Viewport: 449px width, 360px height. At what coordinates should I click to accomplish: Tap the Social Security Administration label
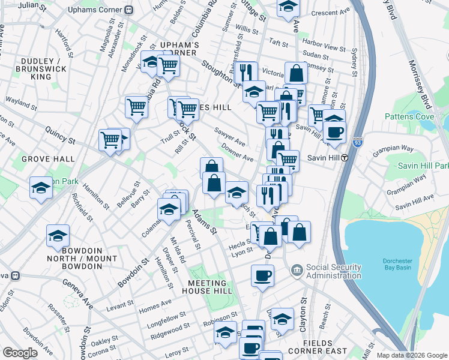click(333, 271)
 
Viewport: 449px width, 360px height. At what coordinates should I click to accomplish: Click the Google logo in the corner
click(20, 353)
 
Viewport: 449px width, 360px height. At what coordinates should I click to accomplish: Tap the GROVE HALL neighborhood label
click(48, 159)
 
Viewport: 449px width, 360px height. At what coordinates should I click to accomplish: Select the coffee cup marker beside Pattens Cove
click(334, 133)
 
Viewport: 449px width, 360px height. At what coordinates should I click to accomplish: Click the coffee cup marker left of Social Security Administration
click(262, 276)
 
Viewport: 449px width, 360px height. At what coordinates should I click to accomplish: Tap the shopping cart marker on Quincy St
click(110, 140)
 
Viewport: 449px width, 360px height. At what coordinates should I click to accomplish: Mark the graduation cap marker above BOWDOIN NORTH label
click(58, 235)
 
